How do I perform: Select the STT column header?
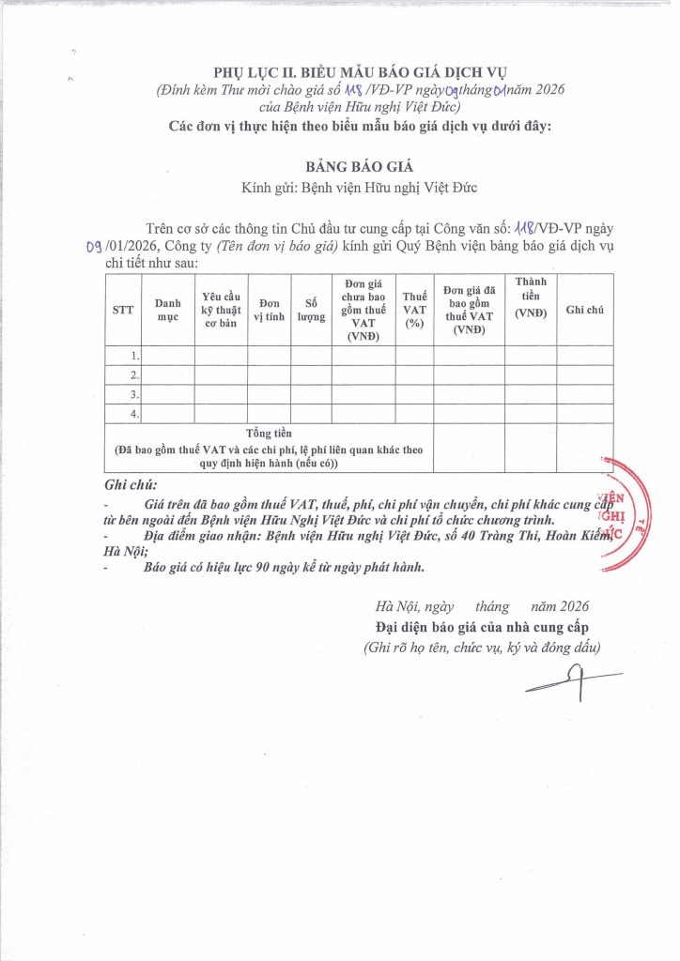123,310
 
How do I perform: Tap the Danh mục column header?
168,310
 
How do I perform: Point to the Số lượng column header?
310,310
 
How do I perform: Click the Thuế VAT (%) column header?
414,310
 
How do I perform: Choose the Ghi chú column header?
584,310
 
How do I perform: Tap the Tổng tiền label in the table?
270,434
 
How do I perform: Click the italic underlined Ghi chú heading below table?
130,484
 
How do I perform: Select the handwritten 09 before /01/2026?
92,246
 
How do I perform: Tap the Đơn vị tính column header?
270,310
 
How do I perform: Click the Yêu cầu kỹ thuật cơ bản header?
221,310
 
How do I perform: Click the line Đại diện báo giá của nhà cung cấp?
478,627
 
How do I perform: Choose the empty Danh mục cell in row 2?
168,375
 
